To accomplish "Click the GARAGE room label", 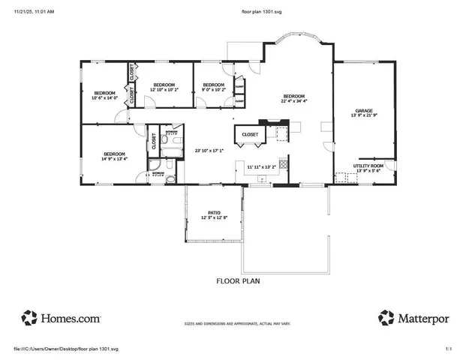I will click(363, 109).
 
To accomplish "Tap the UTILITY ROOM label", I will click(368, 165).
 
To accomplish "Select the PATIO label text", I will click(213, 212).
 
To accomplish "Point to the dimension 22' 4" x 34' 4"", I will click(293, 100).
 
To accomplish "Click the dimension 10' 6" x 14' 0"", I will click(105, 97).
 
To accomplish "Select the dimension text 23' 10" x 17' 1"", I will click(209, 150).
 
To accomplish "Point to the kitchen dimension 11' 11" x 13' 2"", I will click(262, 166).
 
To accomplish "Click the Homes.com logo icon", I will click(29, 317).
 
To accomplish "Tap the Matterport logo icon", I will click(386, 317).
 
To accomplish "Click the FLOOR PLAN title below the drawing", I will click(238, 282).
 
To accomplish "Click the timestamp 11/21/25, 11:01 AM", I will click(34, 12).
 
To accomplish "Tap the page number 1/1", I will click(449, 349).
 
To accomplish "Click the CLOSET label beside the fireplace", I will click(249, 134).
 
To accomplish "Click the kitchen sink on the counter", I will click(262, 178).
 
